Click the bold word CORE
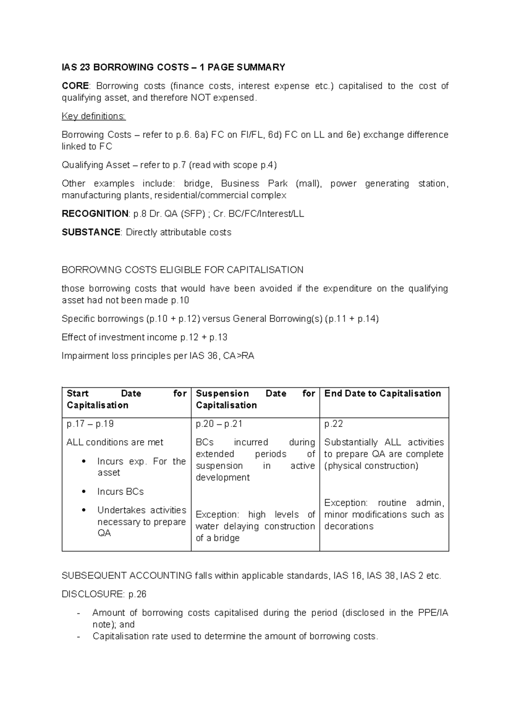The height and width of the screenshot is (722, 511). click(75, 86)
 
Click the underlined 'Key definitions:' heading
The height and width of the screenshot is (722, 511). click(94, 116)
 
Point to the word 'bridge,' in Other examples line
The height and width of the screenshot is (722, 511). click(198, 183)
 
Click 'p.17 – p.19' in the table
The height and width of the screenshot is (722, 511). click(90, 424)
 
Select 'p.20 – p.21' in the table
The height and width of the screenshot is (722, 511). click(219, 424)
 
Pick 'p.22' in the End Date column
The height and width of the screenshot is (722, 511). click(333, 424)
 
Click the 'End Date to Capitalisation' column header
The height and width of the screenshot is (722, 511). click(382, 393)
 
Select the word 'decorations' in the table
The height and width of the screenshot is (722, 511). click(348, 526)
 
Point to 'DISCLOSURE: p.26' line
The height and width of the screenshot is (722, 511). click(104, 594)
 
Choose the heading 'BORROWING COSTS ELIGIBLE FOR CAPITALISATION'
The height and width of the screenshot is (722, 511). click(182, 270)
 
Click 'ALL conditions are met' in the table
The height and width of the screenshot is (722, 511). click(115, 442)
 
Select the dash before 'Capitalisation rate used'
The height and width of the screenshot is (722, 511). click(78, 637)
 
